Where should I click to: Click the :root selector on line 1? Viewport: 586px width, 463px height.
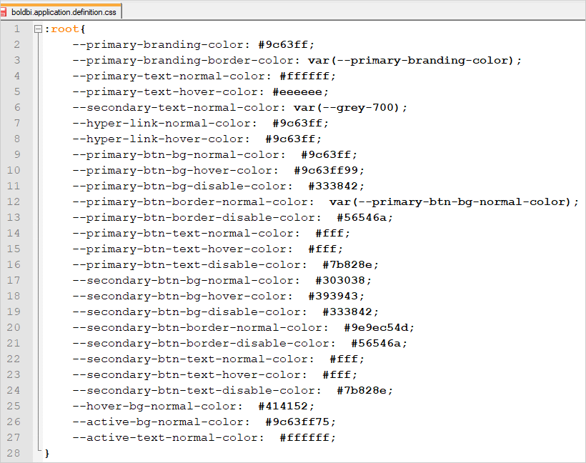[64, 29]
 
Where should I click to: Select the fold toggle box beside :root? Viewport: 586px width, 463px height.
[37, 29]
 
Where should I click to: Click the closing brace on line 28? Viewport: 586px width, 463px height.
[47, 453]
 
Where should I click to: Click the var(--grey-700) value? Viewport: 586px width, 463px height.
[350, 107]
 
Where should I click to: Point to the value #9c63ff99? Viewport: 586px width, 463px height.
[329, 170]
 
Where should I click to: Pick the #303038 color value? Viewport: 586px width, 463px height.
[343, 280]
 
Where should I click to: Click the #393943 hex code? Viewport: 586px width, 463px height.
[336, 296]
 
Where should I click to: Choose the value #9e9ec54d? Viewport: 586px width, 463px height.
[379, 327]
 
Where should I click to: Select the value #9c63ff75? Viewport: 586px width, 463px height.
[300, 422]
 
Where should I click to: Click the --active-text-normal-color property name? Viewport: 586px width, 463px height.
[168, 437]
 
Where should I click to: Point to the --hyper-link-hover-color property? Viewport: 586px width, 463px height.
[161, 139]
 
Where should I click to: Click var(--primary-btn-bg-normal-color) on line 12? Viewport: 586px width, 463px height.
[454, 201]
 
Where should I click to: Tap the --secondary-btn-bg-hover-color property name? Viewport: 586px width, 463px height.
[182, 296]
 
